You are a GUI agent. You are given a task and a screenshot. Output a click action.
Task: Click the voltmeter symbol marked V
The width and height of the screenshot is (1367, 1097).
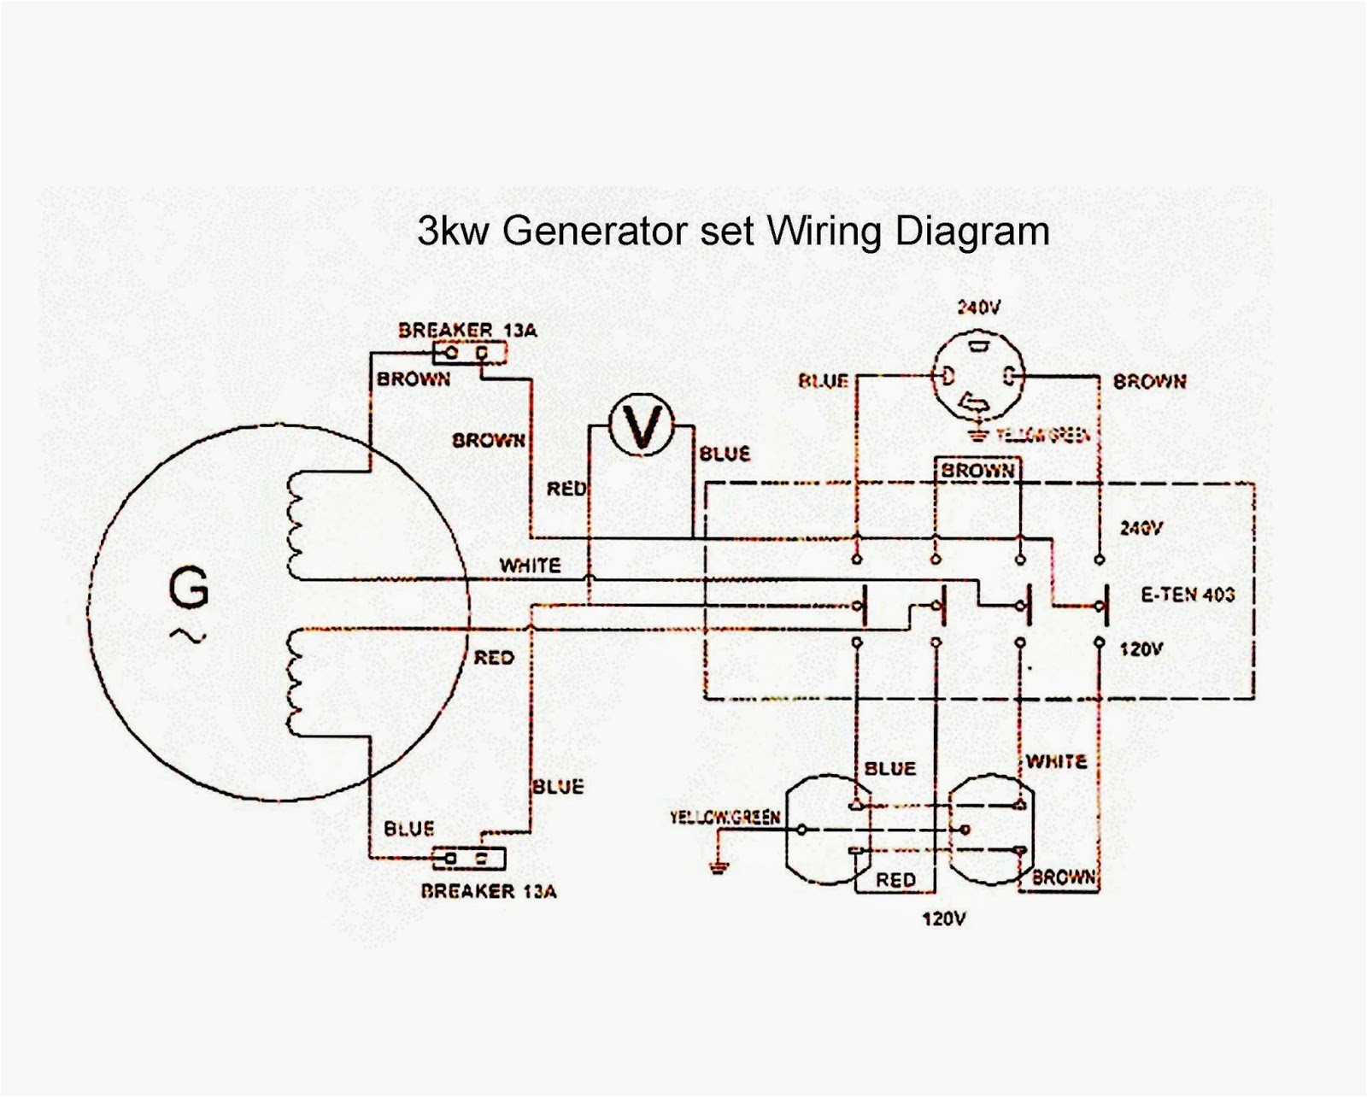642,425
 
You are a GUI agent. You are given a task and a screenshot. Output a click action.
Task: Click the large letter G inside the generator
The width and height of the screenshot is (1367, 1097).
189,589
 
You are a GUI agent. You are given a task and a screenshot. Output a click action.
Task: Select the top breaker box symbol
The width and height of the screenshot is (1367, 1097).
469,353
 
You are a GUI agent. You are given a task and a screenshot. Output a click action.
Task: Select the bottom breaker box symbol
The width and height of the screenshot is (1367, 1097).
469,858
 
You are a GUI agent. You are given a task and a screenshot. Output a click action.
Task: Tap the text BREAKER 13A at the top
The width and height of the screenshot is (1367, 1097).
467,330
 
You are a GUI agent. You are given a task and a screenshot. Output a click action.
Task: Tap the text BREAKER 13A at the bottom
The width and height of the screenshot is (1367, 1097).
488,891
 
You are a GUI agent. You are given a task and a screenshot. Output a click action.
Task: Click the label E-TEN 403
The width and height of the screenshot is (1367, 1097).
1188,595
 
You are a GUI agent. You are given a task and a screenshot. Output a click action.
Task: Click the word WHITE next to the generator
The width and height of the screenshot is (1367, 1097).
530,566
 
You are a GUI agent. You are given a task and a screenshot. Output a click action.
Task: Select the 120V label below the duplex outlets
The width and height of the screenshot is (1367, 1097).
943,919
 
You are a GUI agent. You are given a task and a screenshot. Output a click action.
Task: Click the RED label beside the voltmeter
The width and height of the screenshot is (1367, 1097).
566,489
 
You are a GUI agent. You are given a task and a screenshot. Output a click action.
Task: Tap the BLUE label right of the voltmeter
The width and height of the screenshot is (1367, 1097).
725,455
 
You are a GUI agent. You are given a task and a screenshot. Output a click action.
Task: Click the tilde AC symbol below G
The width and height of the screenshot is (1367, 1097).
189,635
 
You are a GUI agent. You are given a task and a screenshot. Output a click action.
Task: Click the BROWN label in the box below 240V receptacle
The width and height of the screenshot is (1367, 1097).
977,471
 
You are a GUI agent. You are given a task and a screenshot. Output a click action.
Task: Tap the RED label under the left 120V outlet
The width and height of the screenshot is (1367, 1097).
895,879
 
